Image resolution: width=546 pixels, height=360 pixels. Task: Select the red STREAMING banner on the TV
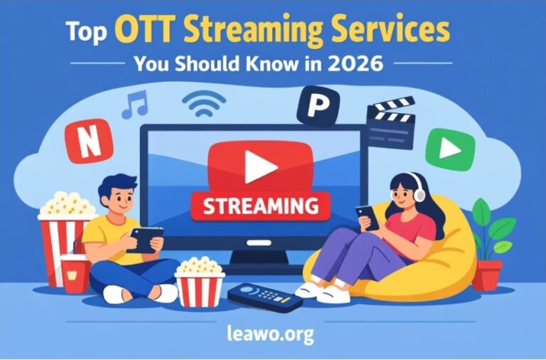pos(260,206)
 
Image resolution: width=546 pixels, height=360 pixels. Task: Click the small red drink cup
pos(75,273)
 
